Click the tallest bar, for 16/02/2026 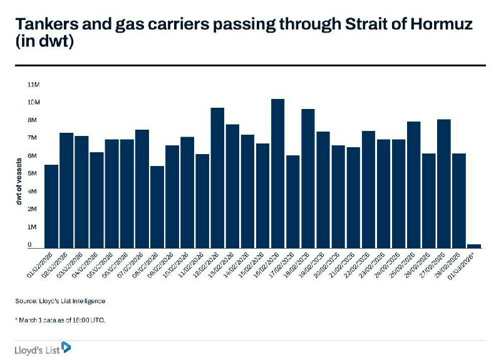[277, 174]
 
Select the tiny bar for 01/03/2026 [474, 246]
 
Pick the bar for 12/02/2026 [217, 178]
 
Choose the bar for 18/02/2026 [307, 179]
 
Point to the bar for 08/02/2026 [157, 207]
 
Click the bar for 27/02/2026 [443, 184]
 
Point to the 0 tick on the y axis [29, 245]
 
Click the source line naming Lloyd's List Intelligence [60, 301]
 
